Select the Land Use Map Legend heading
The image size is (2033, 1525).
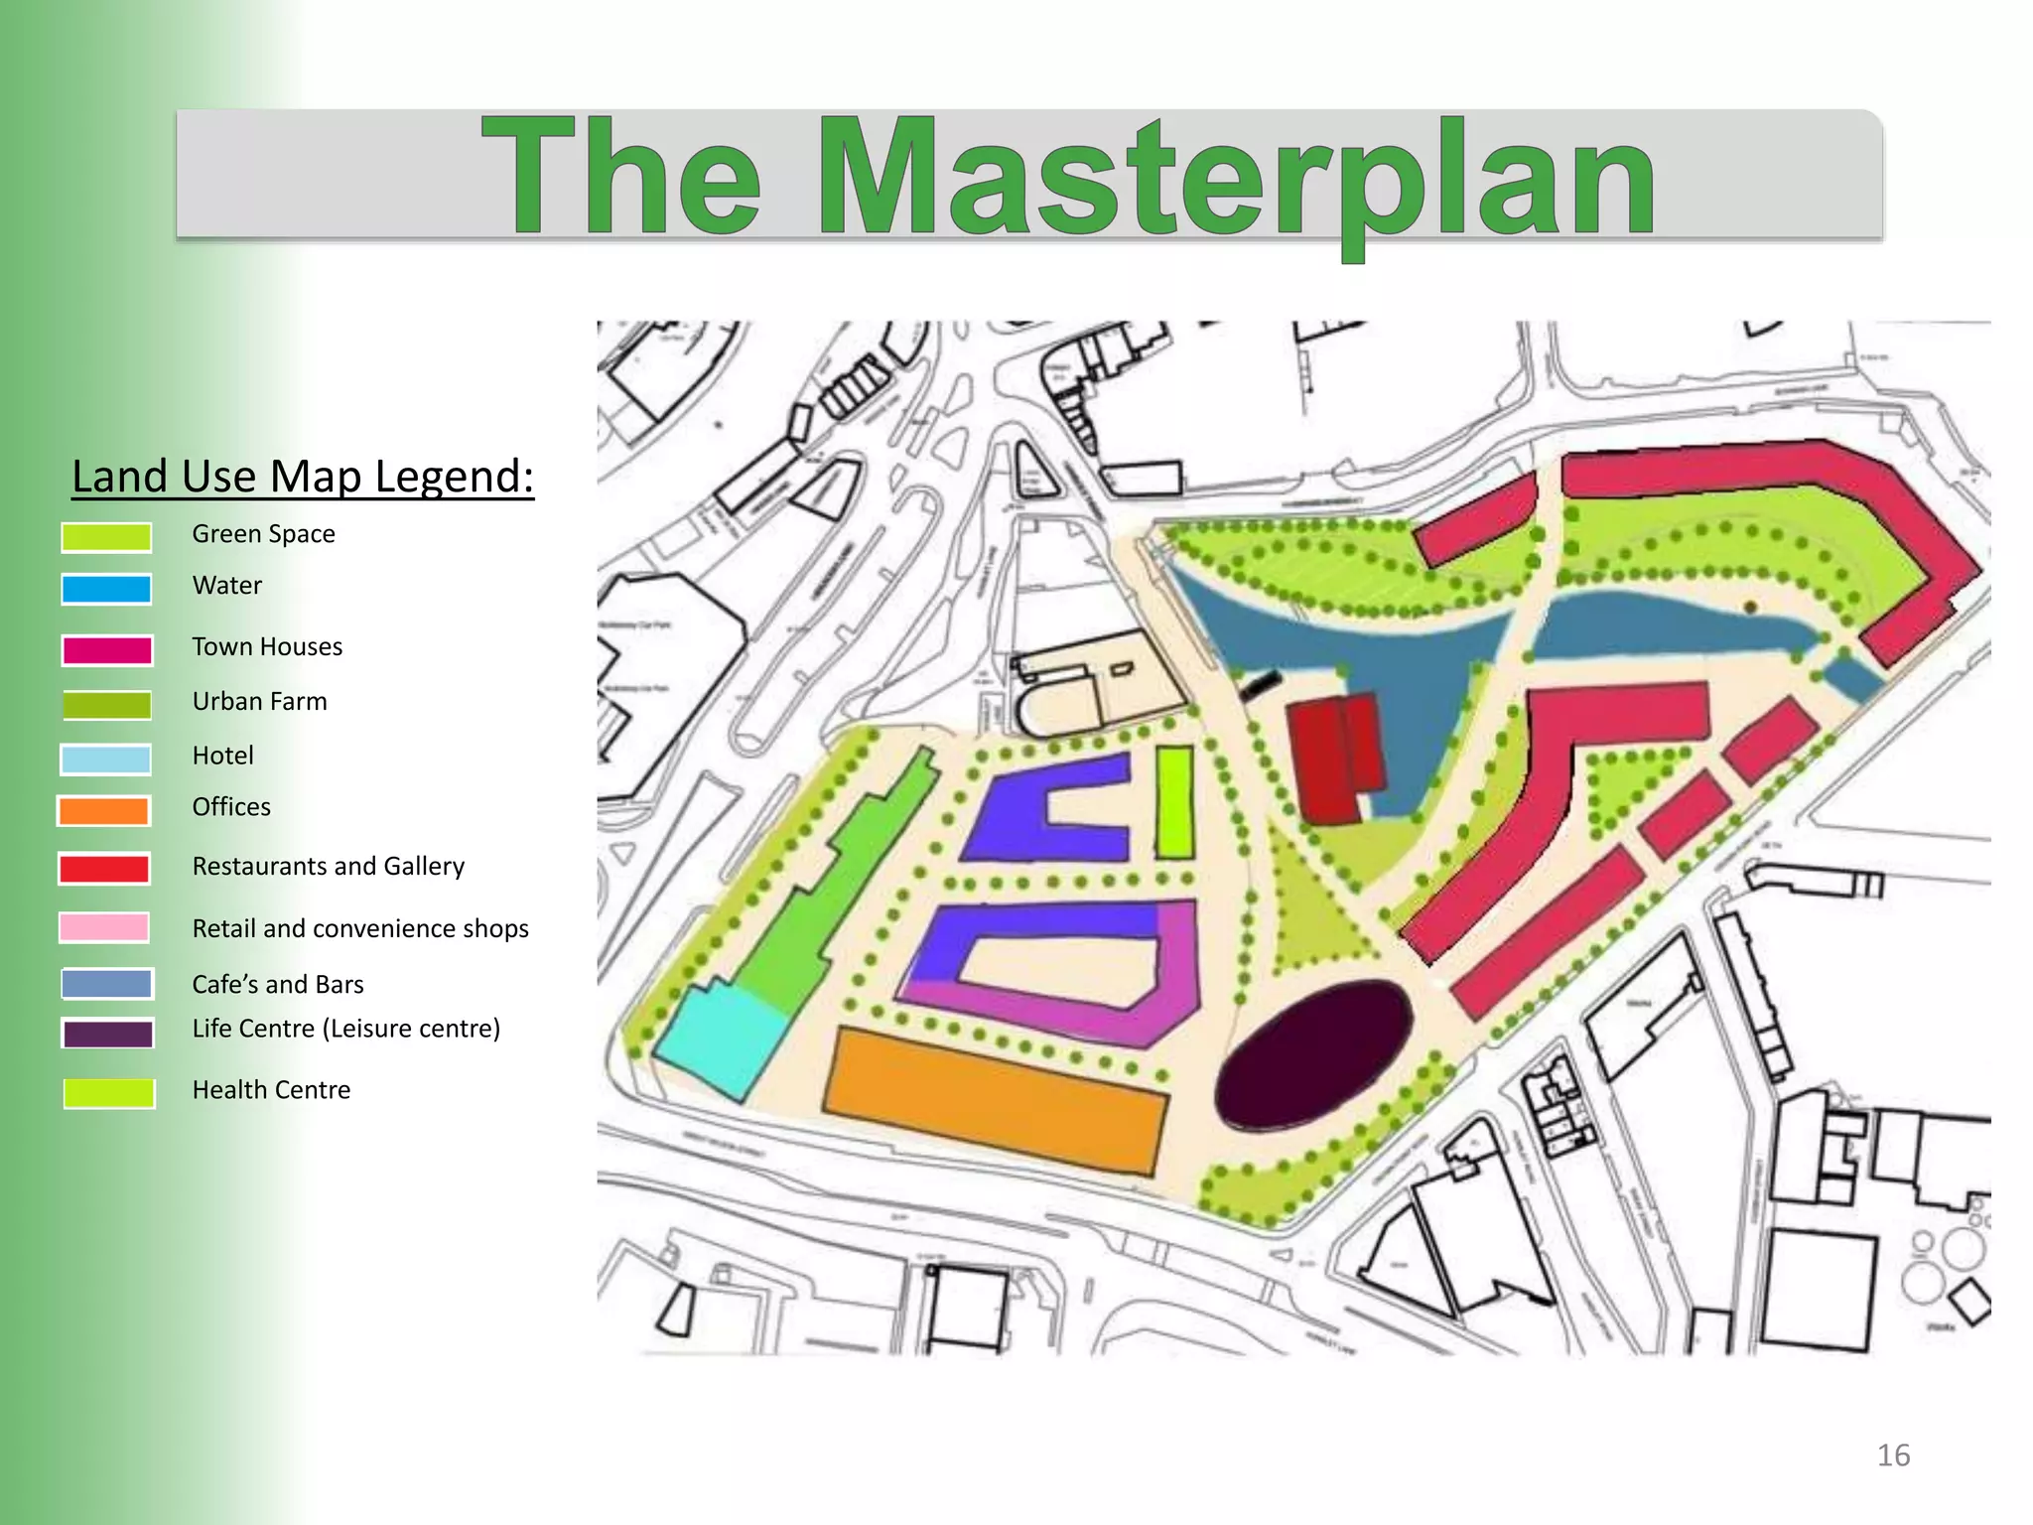click(x=303, y=477)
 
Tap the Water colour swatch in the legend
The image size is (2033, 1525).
click(x=106, y=589)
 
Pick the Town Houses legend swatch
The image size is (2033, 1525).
click(x=107, y=650)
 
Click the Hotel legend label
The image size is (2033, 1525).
click(x=223, y=756)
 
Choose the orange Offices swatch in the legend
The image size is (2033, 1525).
click(x=104, y=811)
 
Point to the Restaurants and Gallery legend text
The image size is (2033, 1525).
click(x=329, y=867)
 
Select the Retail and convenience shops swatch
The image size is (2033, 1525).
click(x=104, y=927)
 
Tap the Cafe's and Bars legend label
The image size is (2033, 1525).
click(x=278, y=984)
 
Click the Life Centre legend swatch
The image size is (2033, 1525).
click(x=108, y=1034)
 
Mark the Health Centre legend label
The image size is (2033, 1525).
click(x=271, y=1090)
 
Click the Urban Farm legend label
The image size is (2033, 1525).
click(x=260, y=702)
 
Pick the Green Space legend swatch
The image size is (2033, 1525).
click(x=106, y=537)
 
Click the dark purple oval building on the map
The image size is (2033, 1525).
click(x=1314, y=1054)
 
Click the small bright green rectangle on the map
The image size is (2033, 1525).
click(x=1174, y=801)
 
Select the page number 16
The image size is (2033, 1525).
click(x=1893, y=1456)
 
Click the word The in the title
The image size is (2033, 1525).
click(x=622, y=179)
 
